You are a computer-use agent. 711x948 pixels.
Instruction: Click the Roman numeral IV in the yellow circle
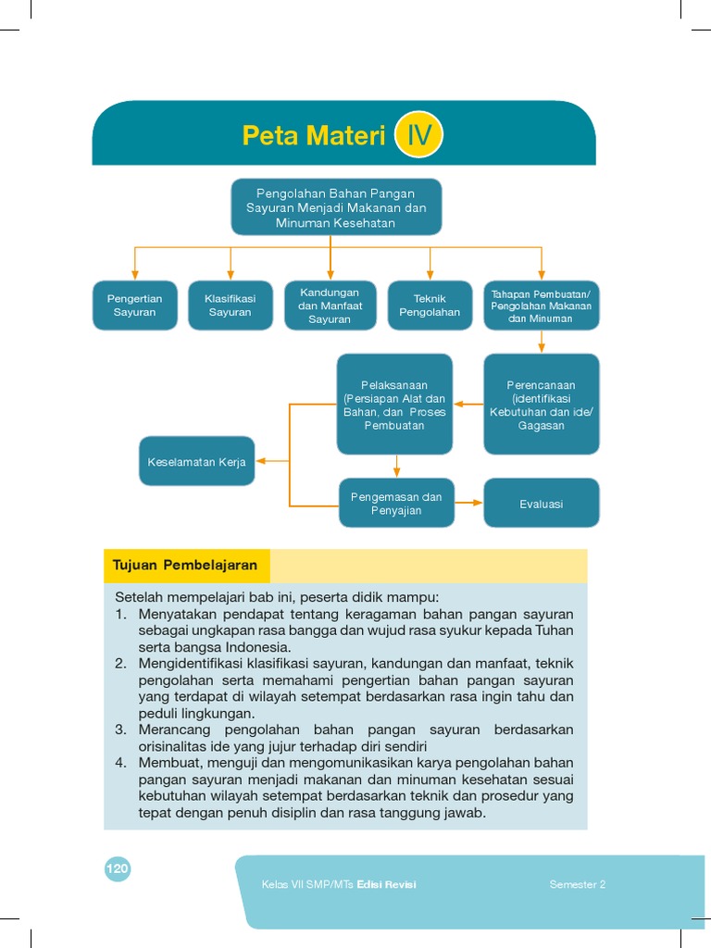point(418,136)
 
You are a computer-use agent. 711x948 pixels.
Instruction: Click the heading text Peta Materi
point(313,136)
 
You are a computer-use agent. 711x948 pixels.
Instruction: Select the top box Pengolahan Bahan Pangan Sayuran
point(336,207)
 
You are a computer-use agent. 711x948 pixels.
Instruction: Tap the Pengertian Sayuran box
point(135,306)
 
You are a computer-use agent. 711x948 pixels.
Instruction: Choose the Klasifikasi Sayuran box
point(231,306)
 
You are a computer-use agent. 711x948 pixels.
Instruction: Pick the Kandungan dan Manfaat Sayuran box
point(331,306)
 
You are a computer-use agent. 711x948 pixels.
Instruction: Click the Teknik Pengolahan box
point(430,306)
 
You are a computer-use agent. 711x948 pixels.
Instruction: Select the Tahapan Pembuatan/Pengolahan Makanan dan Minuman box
point(542,306)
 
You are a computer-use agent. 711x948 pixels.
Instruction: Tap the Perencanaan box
point(542,405)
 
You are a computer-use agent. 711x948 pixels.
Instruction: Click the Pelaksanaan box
point(395,405)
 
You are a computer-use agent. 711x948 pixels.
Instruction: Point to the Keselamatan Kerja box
point(197,461)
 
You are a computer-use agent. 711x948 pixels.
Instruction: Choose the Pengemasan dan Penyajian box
point(396,503)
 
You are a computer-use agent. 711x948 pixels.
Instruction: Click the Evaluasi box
point(542,503)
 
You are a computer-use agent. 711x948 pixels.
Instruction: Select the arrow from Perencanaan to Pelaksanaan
point(468,405)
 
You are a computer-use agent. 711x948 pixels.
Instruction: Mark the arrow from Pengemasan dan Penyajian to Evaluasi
point(469,503)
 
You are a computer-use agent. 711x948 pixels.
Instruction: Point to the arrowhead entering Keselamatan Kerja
point(261,461)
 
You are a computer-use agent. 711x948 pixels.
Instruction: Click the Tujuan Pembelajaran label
point(184,565)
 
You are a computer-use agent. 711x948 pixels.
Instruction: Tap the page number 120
point(118,868)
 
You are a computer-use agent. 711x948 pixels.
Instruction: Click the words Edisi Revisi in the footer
point(387,884)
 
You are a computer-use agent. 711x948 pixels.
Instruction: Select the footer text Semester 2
point(578,884)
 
